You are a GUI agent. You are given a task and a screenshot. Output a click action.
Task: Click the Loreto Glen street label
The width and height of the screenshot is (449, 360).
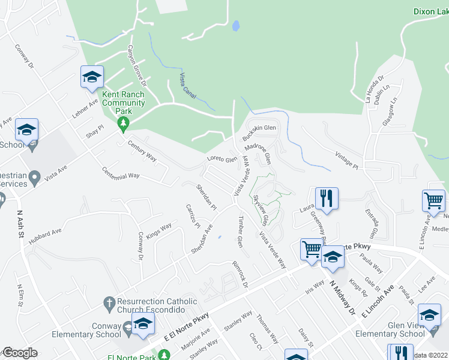222,160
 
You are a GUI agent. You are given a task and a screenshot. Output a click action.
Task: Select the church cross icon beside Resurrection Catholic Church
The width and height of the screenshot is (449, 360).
109,305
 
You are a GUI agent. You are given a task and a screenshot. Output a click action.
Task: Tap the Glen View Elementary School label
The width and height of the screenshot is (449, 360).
390,329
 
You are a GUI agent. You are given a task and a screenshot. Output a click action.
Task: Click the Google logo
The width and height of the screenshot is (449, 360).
20,353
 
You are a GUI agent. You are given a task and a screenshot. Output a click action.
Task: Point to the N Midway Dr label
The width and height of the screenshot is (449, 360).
343,299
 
